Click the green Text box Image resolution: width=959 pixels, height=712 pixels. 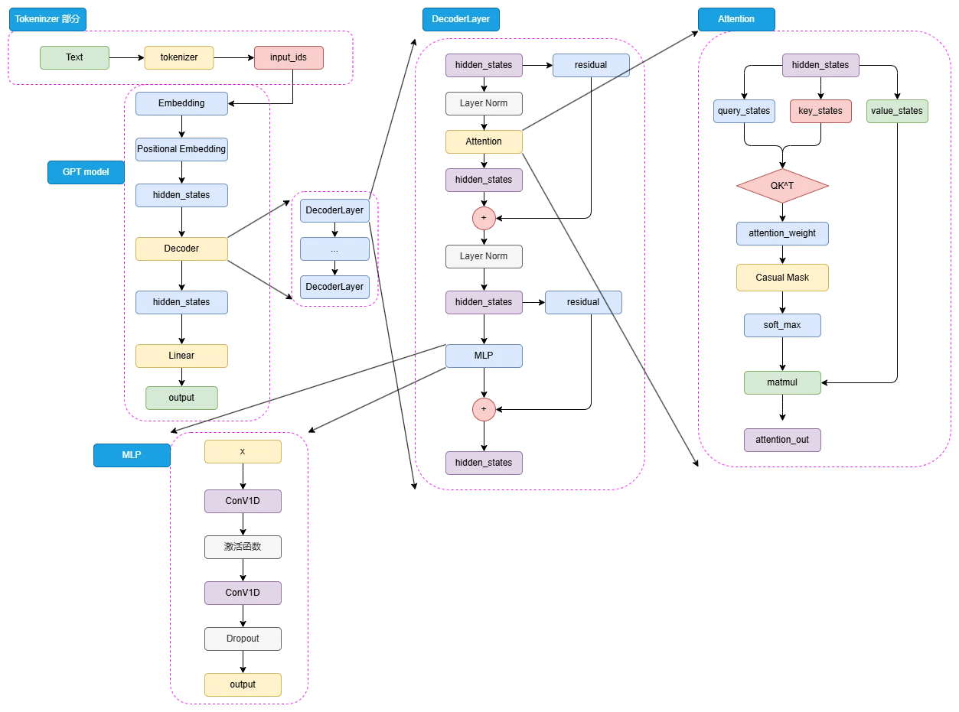click(x=74, y=57)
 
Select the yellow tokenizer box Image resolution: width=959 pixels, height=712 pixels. click(x=179, y=57)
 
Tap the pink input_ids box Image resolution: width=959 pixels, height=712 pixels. click(x=289, y=57)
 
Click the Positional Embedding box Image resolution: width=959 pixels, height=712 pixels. click(x=181, y=149)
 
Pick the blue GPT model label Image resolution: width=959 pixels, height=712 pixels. click(x=86, y=172)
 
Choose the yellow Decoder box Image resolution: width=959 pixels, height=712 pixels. click(x=181, y=249)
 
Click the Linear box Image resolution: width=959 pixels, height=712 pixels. click(x=181, y=356)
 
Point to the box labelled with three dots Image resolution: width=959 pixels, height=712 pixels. click(x=334, y=249)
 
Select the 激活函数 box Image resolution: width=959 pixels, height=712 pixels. click(x=243, y=547)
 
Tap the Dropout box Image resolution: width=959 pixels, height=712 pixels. click(x=243, y=639)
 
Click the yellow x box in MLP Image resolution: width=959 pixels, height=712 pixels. click(x=243, y=451)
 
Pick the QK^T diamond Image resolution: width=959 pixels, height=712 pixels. click(x=782, y=187)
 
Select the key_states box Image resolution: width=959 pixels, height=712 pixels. click(x=820, y=111)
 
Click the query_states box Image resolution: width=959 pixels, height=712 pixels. click(x=744, y=111)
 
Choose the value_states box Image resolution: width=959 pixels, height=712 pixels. click(x=897, y=111)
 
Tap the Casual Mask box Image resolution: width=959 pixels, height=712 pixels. click(x=782, y=278)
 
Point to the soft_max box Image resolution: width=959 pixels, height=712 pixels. click(x=782, y=325)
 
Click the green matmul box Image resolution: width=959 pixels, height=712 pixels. click(x=782, y=382)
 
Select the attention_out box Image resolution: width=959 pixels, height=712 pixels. click(x=782, y=440)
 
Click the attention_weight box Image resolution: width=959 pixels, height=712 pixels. click(x=782, y=233)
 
